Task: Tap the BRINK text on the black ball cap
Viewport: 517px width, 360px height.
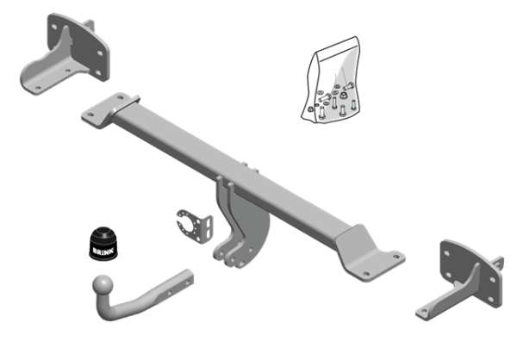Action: pyautogui.click(x=103, y=250)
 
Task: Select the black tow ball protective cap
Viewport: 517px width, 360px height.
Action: pyautogui.click(x=103, y=242)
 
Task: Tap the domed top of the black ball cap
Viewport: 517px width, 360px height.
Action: pyautogui.click(x=103, y=233)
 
